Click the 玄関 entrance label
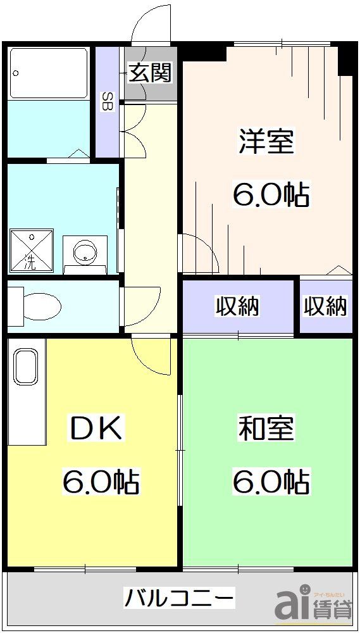tap(151, 73)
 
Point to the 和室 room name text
tap(266, 429)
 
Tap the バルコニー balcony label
tap(179, 597)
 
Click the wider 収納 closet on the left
tap(238, 306)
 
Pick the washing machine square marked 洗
tap(31, 250)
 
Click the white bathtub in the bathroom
tap(49, 73)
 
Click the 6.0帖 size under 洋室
tap(271, 195)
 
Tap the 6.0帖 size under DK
tap(101, 482)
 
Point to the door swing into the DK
tap(152, 358)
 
